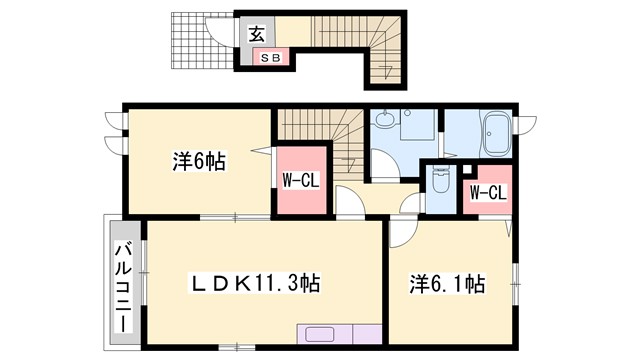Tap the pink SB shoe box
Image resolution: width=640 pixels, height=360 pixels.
point(271,58)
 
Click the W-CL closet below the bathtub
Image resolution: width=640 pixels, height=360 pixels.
point(486,191)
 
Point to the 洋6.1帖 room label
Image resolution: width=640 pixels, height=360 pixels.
point(448,285)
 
